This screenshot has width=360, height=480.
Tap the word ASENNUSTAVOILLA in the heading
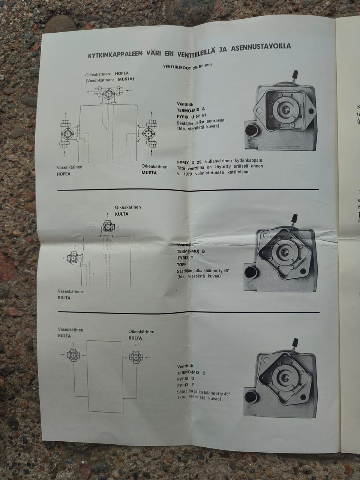coord(261,47)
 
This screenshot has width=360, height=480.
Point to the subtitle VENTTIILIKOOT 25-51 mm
coord(187,66)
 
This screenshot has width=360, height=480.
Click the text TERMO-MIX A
coord(191,109)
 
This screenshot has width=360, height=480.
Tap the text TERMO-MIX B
coord(191,251)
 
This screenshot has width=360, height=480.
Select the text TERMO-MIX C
coord(191,373)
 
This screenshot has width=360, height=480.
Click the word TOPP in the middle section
coord(181,264)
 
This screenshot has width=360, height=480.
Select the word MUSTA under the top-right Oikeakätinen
coord(149,173)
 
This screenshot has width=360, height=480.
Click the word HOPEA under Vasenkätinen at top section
coord(64,174)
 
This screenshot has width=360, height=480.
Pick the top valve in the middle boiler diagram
coord(107,227)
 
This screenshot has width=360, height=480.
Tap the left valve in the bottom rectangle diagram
coord(73,355)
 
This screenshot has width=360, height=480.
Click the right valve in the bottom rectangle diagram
coord(135,357)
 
